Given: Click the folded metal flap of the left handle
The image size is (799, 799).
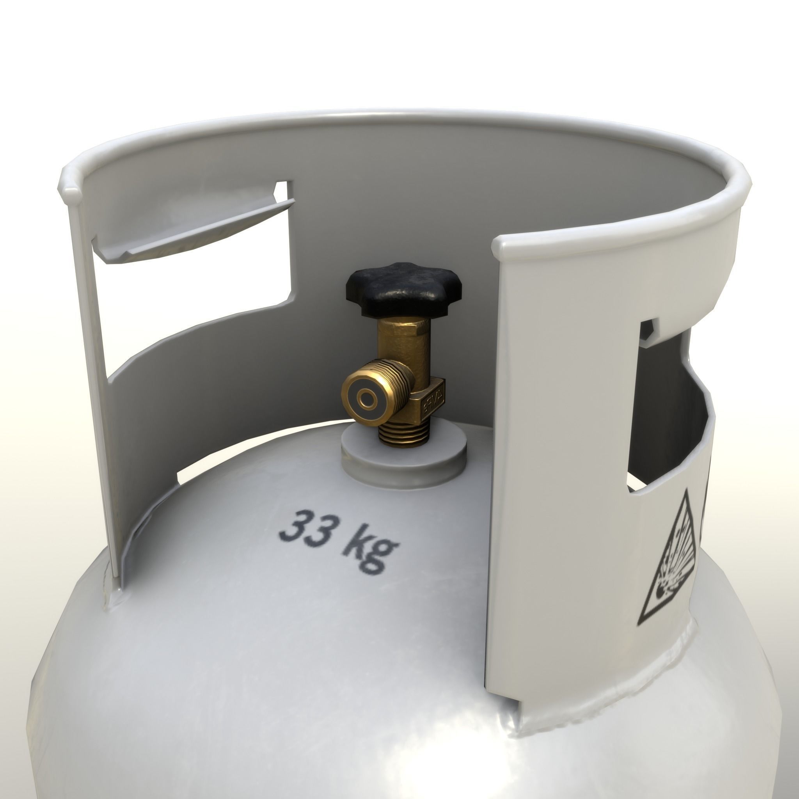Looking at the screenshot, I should [x=199, y=232].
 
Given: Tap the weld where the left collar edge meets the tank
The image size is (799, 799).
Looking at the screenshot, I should [x=114, y=595].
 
